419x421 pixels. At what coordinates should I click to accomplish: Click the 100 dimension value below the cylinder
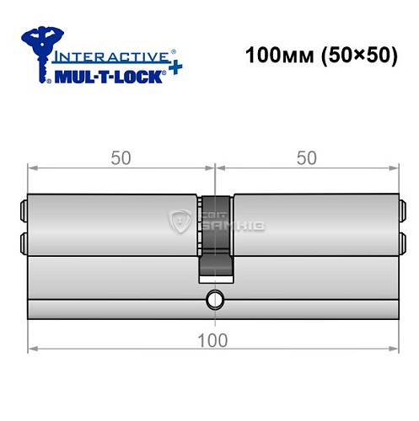(216, 339)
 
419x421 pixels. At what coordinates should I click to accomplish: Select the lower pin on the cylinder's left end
(23, 243)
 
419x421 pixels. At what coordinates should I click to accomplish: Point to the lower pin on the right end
(402, 243)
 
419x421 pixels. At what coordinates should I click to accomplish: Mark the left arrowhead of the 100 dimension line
(33, 348)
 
